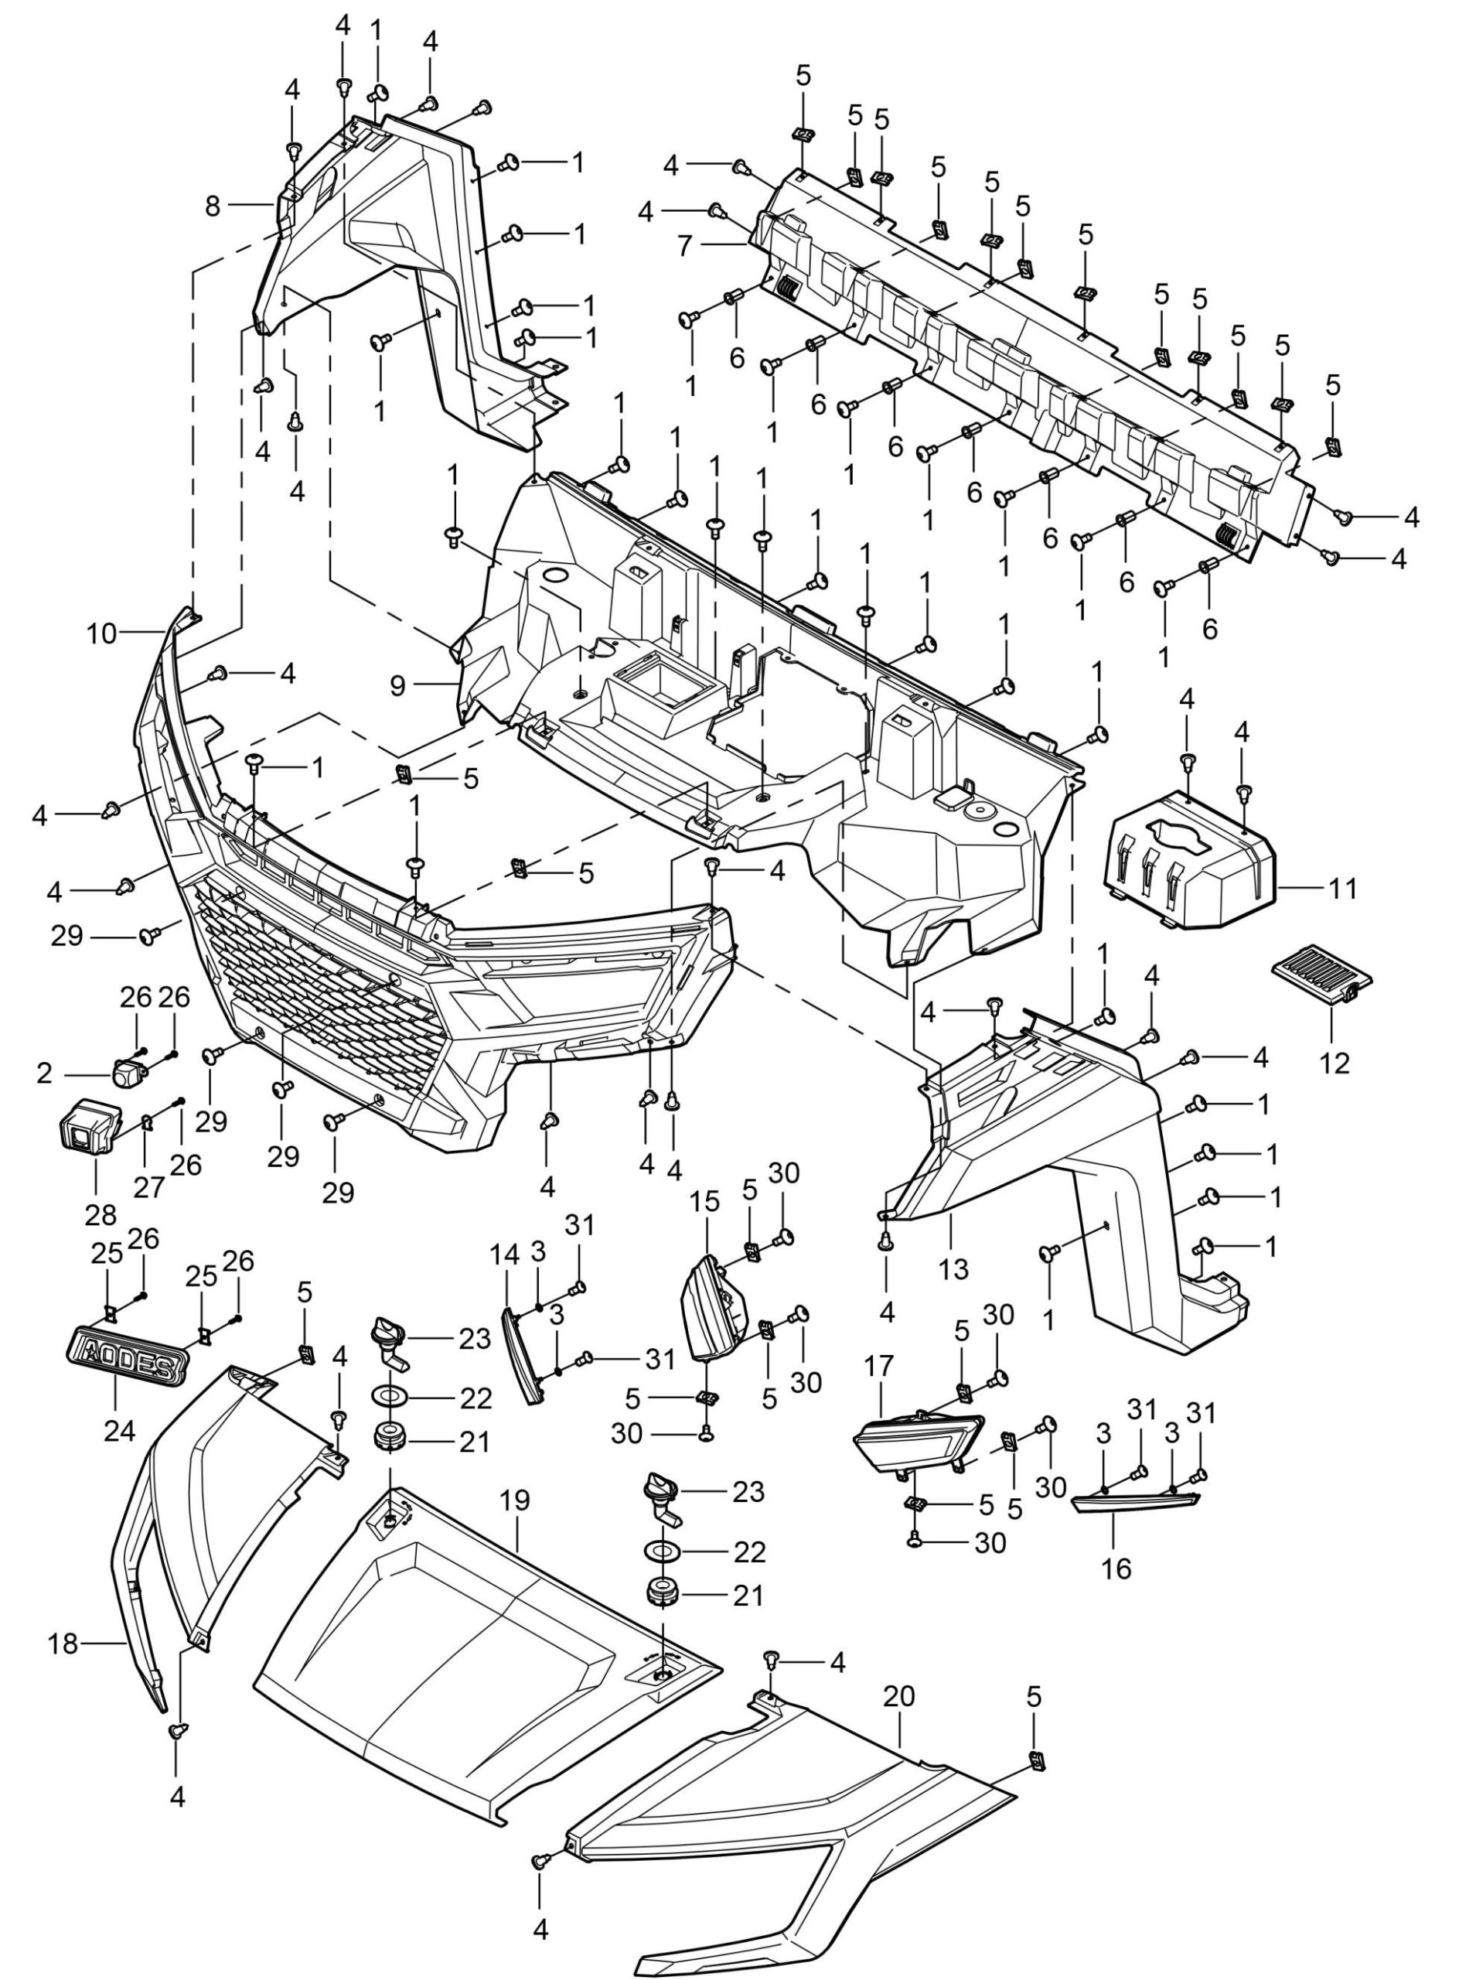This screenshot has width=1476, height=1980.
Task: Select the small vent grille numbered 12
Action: (x=1321, y=978)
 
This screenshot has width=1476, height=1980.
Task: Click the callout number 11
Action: (x=1341, y=888)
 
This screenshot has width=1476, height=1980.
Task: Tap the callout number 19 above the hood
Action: (x=516, y=1500)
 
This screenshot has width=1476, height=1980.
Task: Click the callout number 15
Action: (x=705, y=1203)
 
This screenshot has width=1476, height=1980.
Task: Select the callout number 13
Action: (x=953, y=1268)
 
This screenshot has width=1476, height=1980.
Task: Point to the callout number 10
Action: (x=102, y=633)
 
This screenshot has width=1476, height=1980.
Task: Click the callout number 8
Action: (x=212, y=207)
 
